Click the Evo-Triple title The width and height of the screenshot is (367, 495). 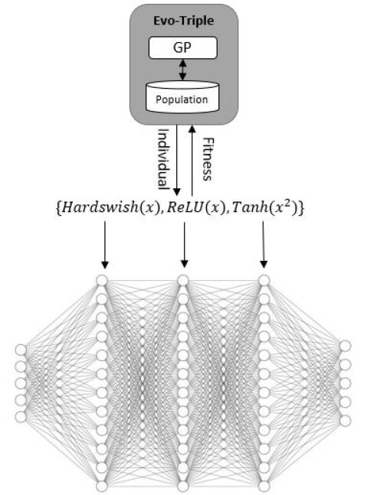coord(183,21)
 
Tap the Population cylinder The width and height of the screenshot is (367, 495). coord(182,98)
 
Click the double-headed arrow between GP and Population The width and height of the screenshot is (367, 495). coord(182,71)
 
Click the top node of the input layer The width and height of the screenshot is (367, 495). coord(21,350)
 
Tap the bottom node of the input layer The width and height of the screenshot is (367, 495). coord(21,417)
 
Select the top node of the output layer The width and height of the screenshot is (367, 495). coord(346,347)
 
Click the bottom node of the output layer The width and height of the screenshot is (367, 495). coord(346,419)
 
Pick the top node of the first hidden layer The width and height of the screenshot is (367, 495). coord(100,281)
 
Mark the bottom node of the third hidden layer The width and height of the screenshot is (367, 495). coord(264,486)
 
